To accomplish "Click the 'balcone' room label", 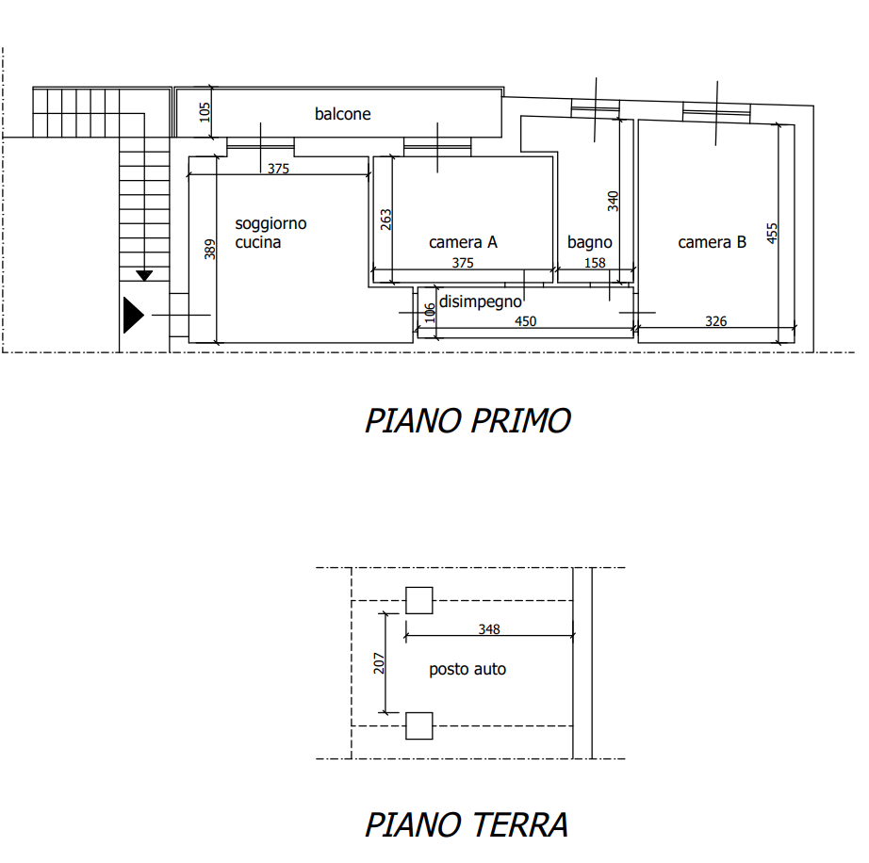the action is click(x=342, y=114).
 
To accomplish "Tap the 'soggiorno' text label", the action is click(x=271, y=224).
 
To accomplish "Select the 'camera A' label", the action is click(x=463, y=242).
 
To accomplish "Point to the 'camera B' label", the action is click(x=712, y=242).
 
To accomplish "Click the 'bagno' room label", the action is click(x=590, y=243).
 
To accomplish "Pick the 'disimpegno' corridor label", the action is click(x=480, y=301).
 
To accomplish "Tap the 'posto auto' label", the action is click(x=467, y=669).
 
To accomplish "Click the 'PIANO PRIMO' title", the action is click(x=467, y=420).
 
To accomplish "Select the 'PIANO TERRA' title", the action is click(x=467, y=824).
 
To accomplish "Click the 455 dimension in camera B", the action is click(x=772, y=234).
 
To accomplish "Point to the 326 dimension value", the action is click(x=715, y=321).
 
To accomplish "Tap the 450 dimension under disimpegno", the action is click(x=525, y=321).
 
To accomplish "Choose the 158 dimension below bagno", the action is click(x=595, y=263).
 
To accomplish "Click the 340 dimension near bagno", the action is click(x=613, y=201).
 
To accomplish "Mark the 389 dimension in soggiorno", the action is click(x=209, y=250).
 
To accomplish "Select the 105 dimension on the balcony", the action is click(x=205, y=112).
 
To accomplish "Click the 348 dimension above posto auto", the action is click(x=489, y=629).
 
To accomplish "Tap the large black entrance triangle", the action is click(x=133, y=316).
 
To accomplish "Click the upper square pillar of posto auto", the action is click(x=419, y=600).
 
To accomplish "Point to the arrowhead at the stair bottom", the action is click(x=144, y=275).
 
